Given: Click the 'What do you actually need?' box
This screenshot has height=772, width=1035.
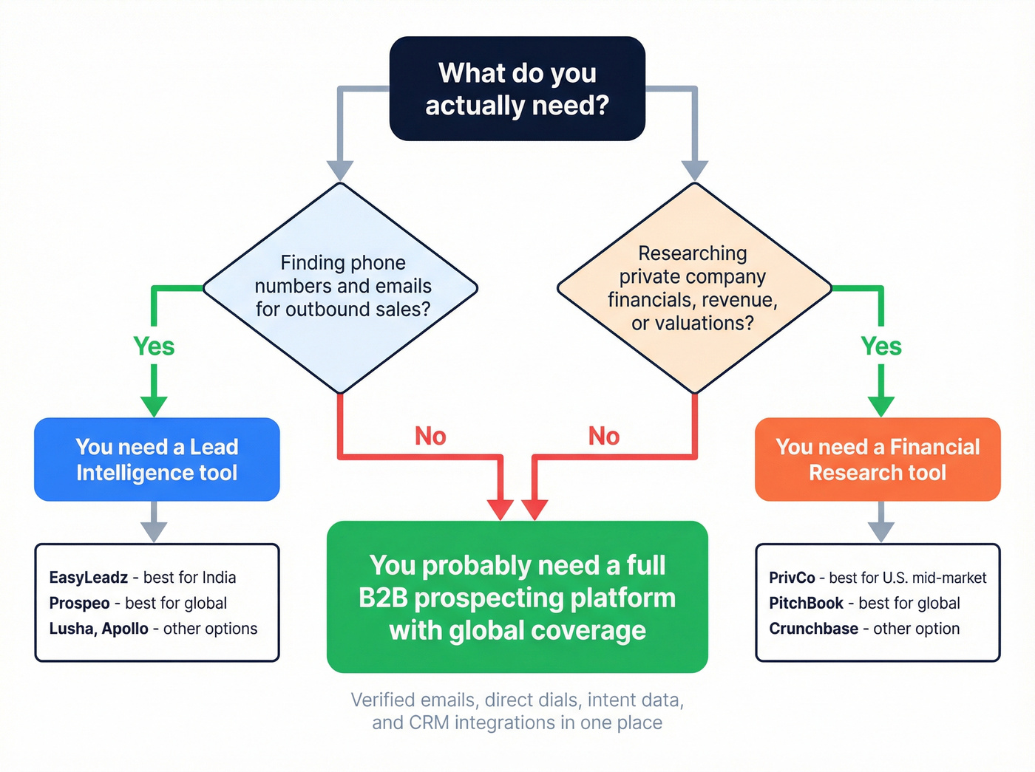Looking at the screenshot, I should click(x=517, y=89).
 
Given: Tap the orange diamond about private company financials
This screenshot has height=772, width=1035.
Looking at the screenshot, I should click(x=693, y=287).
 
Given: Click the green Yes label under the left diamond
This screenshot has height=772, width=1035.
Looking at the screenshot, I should click(x=154, y=346).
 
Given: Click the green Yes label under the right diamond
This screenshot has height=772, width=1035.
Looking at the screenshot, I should click(x=880, y=346).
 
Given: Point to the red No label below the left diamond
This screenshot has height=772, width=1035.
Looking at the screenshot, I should click(x=430, y=436).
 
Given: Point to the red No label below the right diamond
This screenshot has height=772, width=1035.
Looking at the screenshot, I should click(x=603, y=436).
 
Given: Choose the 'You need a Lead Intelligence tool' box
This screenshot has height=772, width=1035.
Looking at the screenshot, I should click(x=157, y=460).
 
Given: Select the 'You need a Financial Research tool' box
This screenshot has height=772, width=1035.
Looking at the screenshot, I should click(x=878, y=460).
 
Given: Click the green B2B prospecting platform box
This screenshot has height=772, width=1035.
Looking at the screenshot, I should click(x=517, y=597).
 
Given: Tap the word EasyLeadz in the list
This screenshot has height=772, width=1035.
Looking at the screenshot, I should click(x=89, y=578).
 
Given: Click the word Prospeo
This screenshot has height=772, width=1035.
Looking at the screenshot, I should click(x=79, y=604).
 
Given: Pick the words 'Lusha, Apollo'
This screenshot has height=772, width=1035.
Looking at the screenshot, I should click(x=98, y=629).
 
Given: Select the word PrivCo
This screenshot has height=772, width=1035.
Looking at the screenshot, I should click(x=792, y=578).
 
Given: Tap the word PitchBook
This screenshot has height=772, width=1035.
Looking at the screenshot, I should click(x=806, y=604).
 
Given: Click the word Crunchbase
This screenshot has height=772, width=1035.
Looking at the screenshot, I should click(x=813, y=629).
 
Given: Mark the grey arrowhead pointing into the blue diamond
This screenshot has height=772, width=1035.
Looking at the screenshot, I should click(x=340, y=171).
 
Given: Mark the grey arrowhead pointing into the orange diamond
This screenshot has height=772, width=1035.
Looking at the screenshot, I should click(x=694, y=171).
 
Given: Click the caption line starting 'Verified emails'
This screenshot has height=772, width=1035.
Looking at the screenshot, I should click(x=517, y=700).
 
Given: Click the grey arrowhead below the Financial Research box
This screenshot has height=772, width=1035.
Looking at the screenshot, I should click(x=880, y=531).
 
